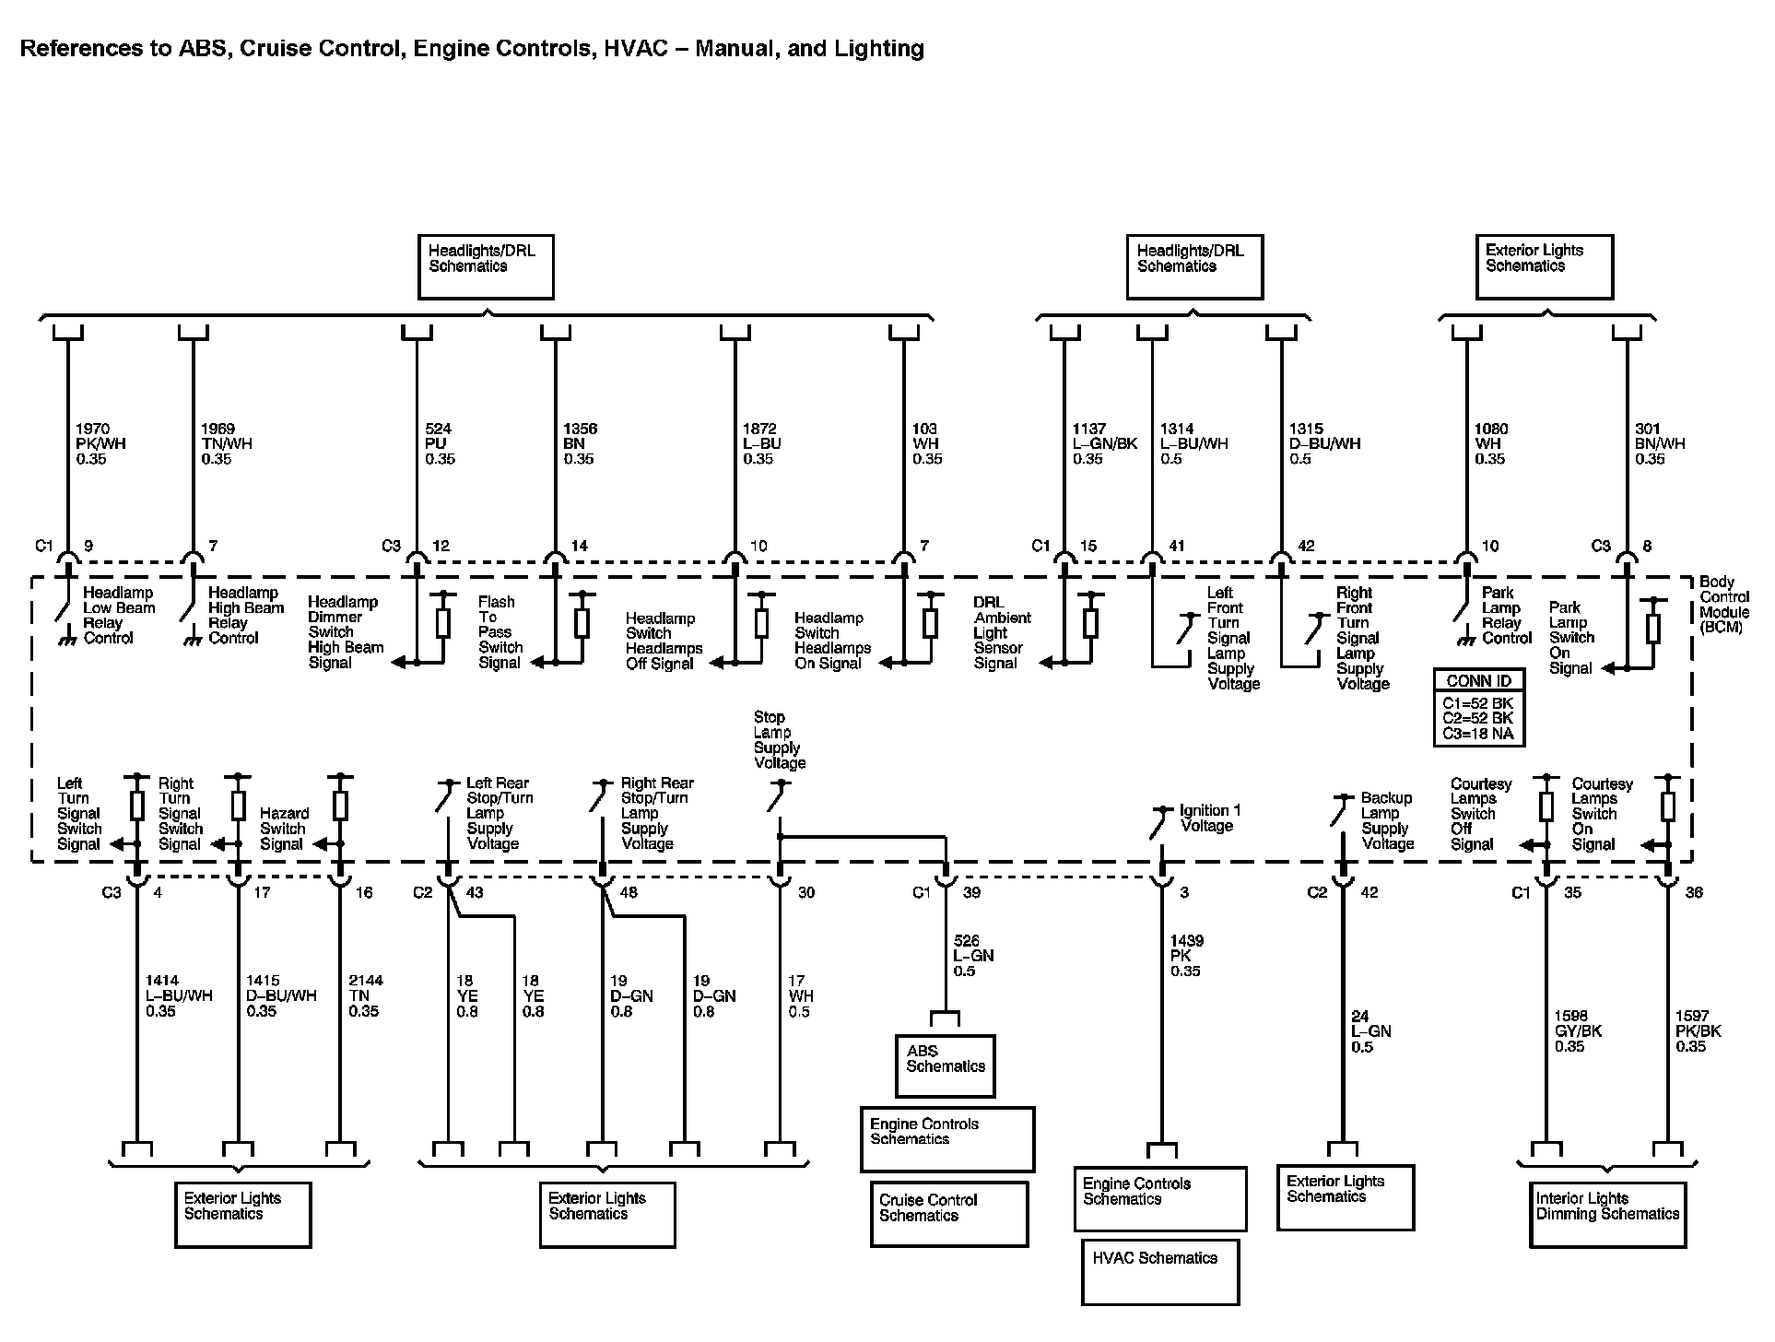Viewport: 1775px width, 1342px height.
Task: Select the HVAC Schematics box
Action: [1159, 1271]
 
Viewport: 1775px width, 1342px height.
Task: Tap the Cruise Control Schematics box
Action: [948, 1213]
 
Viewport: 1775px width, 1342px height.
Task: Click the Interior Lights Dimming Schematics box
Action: [1607, 1214]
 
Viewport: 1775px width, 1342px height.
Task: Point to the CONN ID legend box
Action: [1479, 706]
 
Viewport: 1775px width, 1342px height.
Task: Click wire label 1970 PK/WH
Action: [100, 443]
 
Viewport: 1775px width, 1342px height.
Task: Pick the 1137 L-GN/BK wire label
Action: [1104, 443]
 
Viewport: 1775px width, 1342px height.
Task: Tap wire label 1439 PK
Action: [1186, 956]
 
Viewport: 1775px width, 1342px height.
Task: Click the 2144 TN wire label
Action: [365, 995]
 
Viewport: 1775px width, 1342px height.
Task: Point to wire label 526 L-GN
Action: [972, 956]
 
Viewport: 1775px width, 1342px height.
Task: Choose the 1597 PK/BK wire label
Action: [1698, 1030]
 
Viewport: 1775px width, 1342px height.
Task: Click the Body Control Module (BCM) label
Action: [1723, 605]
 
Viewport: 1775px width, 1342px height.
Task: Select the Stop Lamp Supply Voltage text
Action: [779, 740]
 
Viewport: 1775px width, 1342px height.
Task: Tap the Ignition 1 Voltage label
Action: [1209, 818]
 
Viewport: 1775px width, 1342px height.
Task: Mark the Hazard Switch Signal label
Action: [283, 829]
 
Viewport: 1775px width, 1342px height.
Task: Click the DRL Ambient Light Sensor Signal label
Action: [1002, 632]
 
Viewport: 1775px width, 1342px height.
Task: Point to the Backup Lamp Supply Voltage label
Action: [1387, 820]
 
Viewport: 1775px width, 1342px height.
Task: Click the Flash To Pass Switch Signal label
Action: [500, 632]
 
